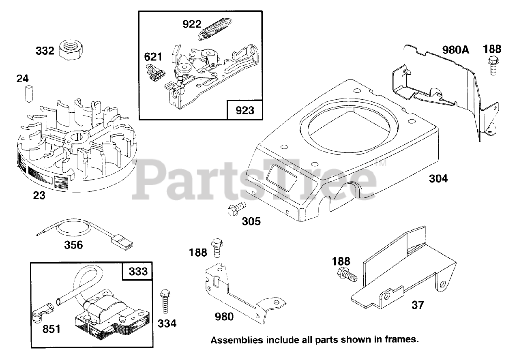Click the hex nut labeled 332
[x=71, y=50]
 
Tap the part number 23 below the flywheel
[x=39, y=195]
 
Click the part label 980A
[x=455, y=50]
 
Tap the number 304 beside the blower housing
[x=438, y=178]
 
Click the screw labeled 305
[x=236, y=209]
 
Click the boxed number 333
[x=138, y=271]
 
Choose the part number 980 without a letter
[x=224, y=316]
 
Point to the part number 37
[x=418, y=304]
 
